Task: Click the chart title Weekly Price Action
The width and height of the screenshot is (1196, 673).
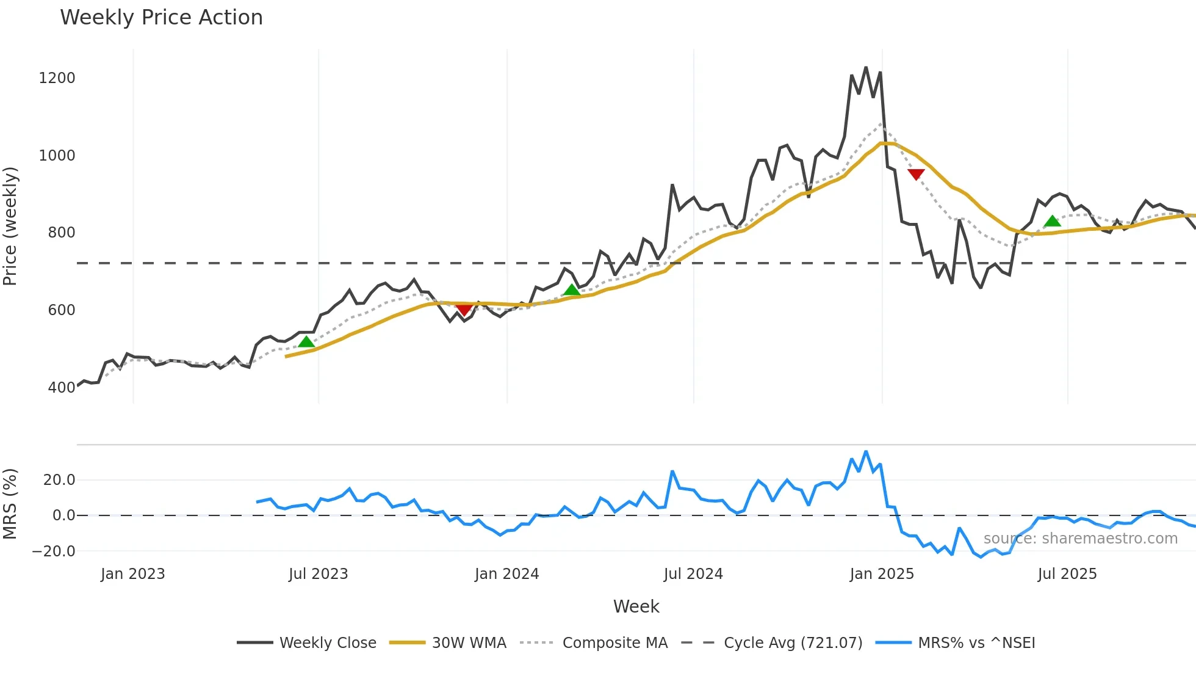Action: click(161, 18)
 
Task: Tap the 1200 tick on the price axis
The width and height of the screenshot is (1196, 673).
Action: click(57, 78)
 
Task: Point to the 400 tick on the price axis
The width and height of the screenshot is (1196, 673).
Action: click(61, 388)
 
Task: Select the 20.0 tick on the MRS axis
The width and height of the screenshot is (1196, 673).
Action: click(59, 480)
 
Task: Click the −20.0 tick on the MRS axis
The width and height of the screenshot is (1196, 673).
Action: click(54, 551)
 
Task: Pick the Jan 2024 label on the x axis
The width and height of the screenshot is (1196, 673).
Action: click(506, 574)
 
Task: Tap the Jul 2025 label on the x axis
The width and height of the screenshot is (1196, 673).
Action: click(1067, 574)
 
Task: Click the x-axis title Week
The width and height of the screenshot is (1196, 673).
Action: click(636, 606)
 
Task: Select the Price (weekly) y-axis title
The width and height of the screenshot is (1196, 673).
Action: click(10, 226)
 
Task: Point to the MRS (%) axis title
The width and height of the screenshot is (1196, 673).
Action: click(10, 504)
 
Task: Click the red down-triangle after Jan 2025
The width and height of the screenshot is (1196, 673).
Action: click(916, 175)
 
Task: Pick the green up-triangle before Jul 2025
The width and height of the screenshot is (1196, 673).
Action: click(1052, 221)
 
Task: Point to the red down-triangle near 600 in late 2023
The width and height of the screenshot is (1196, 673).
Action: click(464, 310)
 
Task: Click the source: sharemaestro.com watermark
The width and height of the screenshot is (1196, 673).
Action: click(1080, 539)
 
